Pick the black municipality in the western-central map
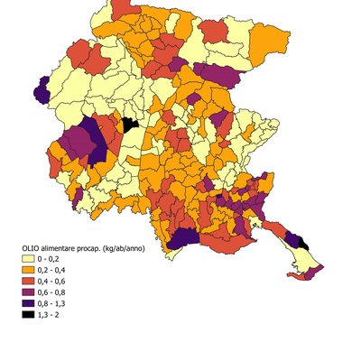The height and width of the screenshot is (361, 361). pyautogui.click(x=130, y=123)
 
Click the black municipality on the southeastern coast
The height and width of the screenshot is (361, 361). pyautogui.click(x=302, y=243)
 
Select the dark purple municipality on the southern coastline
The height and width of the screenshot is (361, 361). pyautogui.click(x=184, y=237)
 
